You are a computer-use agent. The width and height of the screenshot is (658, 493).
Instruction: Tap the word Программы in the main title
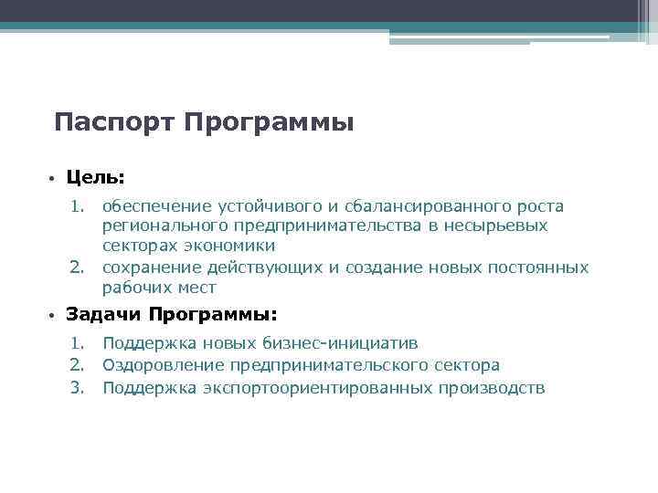[x=268, y=122]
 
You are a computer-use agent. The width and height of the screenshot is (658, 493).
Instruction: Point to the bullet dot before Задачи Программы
[x=54, y=316]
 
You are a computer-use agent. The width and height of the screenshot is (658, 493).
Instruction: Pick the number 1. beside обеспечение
[x=79, y=206]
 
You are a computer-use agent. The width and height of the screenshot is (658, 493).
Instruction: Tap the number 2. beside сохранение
[x=79, y=267]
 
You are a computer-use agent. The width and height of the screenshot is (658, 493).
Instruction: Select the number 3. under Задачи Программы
[x=79, y=388]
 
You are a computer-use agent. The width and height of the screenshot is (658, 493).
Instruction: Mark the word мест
[x=198, y=288]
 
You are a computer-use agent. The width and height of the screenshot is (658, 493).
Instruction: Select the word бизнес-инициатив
[x=340, y=343]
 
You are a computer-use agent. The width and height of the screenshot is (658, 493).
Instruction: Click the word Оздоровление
[x=163, y=365]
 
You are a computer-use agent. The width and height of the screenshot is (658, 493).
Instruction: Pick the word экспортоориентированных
[x=325, y=388]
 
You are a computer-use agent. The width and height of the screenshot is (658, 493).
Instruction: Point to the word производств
[x=493, y=388]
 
